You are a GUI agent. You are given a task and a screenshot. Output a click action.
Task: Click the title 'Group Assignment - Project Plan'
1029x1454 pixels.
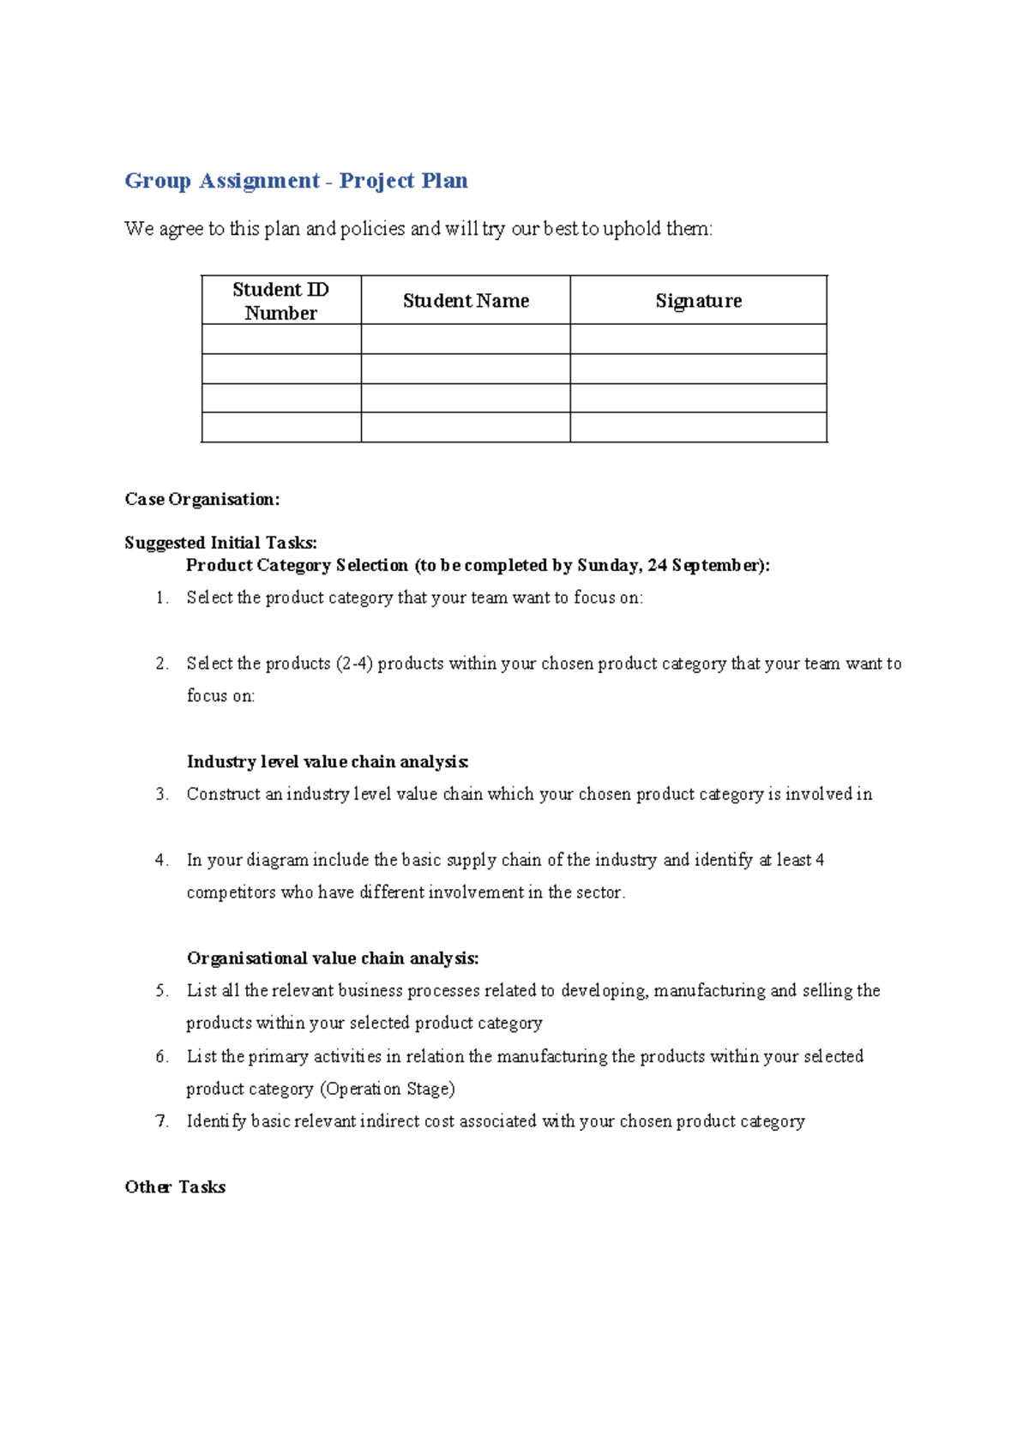[296, 181]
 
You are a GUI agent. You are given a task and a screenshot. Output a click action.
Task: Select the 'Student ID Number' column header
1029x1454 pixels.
[280, 301]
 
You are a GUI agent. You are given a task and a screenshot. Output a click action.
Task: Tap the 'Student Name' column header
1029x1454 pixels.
[466, 301]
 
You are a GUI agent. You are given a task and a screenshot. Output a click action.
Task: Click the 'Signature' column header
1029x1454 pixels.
[698, 301]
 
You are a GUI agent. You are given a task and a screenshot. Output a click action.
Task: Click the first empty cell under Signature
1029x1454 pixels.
[698, 339]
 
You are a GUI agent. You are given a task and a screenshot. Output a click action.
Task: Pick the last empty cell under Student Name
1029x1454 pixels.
[466, 427]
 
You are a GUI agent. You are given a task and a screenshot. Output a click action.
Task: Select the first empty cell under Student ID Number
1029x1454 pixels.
[280, 339]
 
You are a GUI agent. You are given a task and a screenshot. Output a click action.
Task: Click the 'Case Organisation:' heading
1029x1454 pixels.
[202, 500]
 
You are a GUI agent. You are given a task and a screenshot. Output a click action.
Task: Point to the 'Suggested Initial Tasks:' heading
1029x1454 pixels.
[220, 543]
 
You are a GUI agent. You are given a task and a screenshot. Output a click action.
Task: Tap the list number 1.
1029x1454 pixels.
[162, 598]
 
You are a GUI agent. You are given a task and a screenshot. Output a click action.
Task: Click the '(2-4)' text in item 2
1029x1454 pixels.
[354, 664]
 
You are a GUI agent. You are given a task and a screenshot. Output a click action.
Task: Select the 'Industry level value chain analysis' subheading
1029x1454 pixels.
[328, 762]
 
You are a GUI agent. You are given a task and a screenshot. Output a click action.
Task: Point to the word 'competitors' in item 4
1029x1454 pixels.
[231, 893]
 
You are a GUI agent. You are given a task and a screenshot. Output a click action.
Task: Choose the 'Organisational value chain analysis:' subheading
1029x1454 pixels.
[333, 958]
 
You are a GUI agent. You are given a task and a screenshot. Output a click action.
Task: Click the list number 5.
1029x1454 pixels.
[162, 991]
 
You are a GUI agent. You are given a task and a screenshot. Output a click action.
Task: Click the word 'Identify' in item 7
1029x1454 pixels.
[216, 1121]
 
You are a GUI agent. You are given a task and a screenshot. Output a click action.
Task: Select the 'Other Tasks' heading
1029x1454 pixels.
[175, 1187]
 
